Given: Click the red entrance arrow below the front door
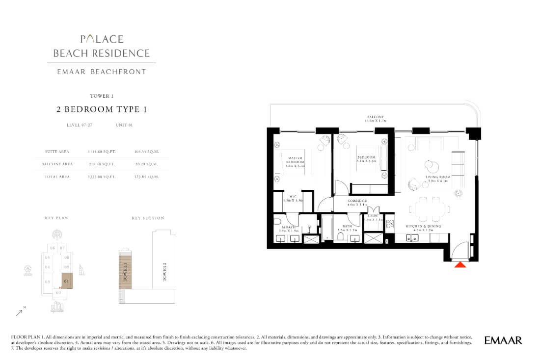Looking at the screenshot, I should pos(460,265).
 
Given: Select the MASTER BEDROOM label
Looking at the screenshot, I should pos(295,160).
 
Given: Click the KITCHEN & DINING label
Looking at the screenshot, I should pos(423,226).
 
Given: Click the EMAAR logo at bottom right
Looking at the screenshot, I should pos(503,340).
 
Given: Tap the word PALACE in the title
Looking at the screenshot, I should pos(102,39).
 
